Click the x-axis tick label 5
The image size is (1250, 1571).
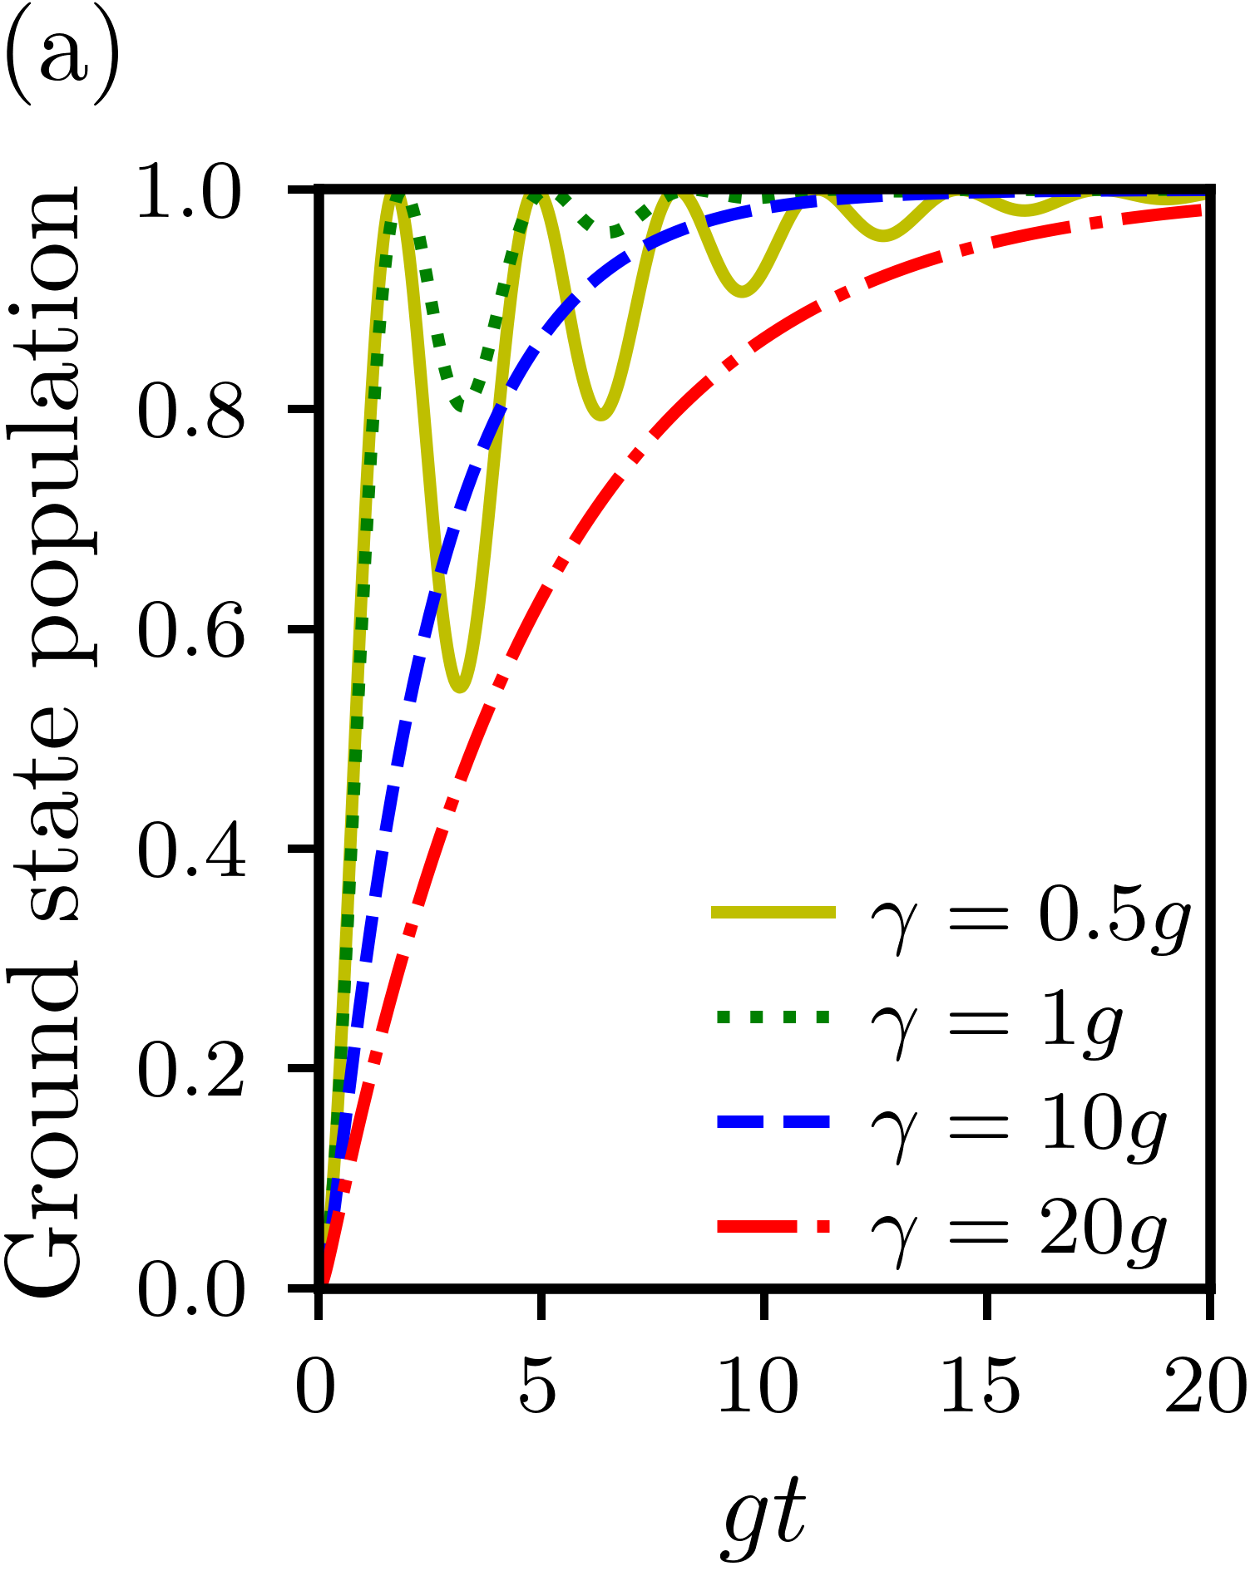tap(538, 1386)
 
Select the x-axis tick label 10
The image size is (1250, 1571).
tap(758, 1386)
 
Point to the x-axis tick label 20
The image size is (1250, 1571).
tap(1204, 1386)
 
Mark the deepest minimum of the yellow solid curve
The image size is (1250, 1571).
tap(462, 689)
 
